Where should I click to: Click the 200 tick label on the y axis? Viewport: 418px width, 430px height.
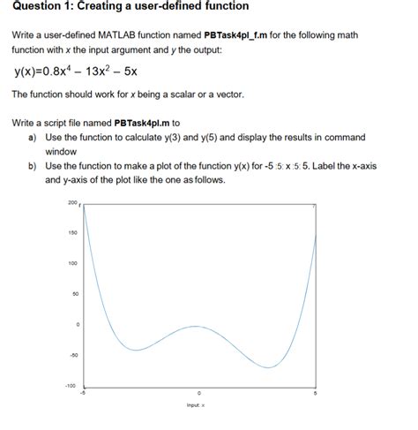click(71, 202)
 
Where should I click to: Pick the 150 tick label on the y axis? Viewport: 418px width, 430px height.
click(71, 233)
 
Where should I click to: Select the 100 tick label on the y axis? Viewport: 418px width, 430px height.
click(71, 264)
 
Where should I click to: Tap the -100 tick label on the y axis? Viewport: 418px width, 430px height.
click(71, 386)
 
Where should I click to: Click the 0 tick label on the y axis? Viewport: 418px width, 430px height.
click(77, 325)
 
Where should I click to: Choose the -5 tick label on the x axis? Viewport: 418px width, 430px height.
click(83, 394)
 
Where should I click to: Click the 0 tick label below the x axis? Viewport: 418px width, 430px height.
click(199, 394)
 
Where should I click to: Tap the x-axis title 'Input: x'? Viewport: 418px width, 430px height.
click(196, 405)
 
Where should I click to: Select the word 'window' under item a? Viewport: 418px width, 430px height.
click(63, 152)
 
